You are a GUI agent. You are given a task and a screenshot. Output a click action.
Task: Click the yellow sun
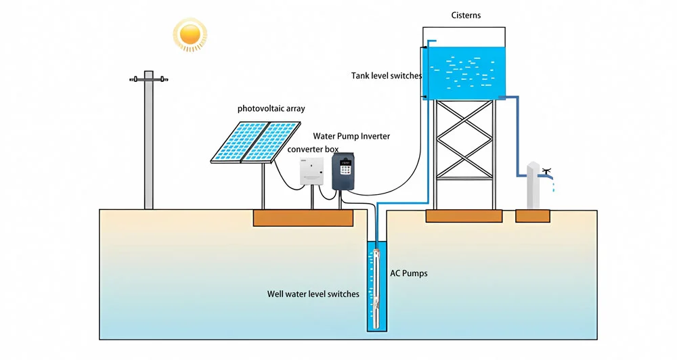click(190, 33)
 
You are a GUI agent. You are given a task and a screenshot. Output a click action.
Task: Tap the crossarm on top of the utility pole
click(149, 79)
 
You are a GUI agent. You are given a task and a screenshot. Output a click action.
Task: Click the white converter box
click(313, 170)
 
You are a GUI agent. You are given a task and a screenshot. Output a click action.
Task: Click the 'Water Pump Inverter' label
click(351, 136)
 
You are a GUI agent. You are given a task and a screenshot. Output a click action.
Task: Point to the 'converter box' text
click(312, 149)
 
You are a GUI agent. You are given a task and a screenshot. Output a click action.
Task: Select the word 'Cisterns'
click(466, 15)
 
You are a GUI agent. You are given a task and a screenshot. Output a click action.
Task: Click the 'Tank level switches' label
click(387, 76)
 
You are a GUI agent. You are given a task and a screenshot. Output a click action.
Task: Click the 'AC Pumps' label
click(409, 273)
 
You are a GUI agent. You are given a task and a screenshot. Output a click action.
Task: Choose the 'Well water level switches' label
click(313, 294)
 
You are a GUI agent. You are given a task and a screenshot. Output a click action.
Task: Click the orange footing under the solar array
click(303, 217)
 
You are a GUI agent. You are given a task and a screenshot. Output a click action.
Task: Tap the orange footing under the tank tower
click(464, 216)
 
